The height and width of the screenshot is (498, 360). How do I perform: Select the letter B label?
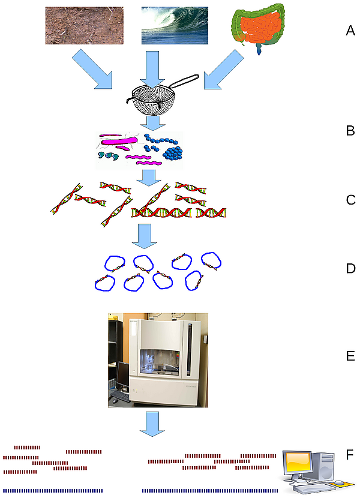(350, 130)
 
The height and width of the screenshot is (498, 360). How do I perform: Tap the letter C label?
(351, 200)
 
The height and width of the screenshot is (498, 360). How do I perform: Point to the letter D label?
(351, 268)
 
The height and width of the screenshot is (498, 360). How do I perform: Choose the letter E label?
(351, 356)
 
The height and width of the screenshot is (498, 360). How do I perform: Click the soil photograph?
(85, 26)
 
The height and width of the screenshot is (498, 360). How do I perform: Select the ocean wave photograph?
(175, 26)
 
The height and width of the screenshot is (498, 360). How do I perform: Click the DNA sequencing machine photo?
(158, 360)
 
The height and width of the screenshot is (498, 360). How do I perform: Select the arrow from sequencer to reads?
(153, 424)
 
